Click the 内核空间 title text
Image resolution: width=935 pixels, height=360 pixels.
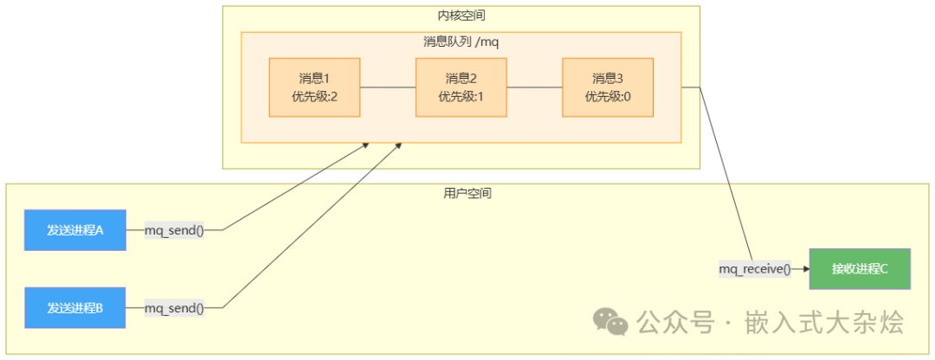(x=461, y=16)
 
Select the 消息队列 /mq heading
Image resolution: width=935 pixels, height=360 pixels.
(x=461, y=42)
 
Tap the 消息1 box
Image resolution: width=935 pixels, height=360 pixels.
(x=315, y=87)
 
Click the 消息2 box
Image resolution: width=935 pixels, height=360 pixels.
(x=461, y=87)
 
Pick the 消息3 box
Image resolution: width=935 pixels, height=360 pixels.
(x=607, y=87)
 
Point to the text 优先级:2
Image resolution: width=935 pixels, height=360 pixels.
(x=315, y=96)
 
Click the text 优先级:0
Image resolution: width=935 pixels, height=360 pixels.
(x=607, y=96)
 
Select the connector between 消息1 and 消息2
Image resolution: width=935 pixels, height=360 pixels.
(x=388, y=87)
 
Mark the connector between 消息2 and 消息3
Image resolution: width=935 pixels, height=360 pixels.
(x=534, y=87)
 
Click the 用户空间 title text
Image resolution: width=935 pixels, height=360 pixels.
(x=461, y=194)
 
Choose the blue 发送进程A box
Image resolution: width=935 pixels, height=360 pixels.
(x=75, y=230)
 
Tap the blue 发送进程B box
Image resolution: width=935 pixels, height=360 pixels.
(x=75, y=307)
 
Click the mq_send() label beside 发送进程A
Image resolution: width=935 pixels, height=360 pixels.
(x=174, y=230)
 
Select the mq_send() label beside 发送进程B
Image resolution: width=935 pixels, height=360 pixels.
(x=174, y=307)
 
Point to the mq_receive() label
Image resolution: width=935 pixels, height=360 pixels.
(x=755, y=269)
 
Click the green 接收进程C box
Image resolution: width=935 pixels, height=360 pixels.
(x=860, y=268)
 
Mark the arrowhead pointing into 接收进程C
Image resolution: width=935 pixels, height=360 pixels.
(x=803, y=269)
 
